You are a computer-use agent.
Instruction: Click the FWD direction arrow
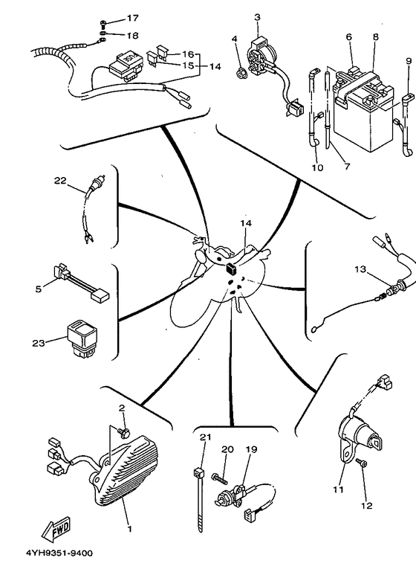56,528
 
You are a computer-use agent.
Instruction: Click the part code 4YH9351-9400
59,553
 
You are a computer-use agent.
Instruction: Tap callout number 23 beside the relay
39,343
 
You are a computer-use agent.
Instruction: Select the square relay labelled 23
82,338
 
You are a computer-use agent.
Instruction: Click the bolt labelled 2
124,432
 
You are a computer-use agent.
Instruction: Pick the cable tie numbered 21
199,500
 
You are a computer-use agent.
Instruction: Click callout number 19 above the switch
252,449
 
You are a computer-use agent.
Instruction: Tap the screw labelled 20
220,478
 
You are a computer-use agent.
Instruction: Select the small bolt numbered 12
362,463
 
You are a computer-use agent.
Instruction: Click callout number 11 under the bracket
338,489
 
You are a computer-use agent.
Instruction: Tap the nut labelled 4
241,74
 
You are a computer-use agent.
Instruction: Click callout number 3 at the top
257,17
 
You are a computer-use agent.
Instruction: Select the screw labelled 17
103,24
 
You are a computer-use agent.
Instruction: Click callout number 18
132,36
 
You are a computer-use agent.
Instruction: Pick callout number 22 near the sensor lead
60,180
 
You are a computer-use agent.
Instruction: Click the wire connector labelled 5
81,283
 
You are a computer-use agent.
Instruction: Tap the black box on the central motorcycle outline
231,269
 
